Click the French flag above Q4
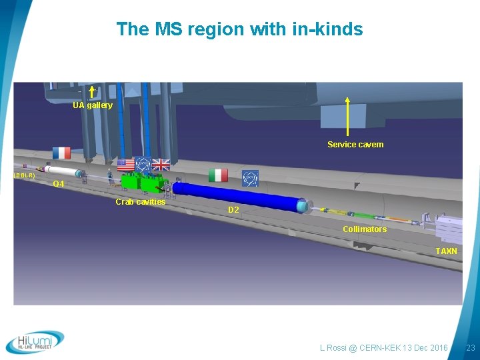pyautogui.click(x=61, y=153)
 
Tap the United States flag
pyautogui.click(x=125, y=165)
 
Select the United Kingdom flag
pyautogui.click(x=161, y=165)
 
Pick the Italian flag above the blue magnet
pyautogui.click(x=218, y=175)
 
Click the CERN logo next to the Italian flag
pyautogui.click(x=249, y=177)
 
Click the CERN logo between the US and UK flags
pyautogui.click(x=143, y=165)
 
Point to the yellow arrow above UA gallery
pyautogui.click(x=91, y=92)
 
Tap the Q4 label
pyautogui.click(x=59, y=184)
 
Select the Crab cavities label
pyautogui.click(x=140, y=201)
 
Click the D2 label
pyautogui.click(x=233, y=210)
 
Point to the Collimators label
pyautogui.click(x=364, y=229)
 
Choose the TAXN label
pyautogui.click(x=446, y=251)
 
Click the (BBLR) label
pyautogui.click(x=25, y=175)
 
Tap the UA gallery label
pyautogui.click(x=93, y=105)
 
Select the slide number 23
pyautogui.click(x=470, y=348)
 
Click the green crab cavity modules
pyautogui.click(x=143, y=183)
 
